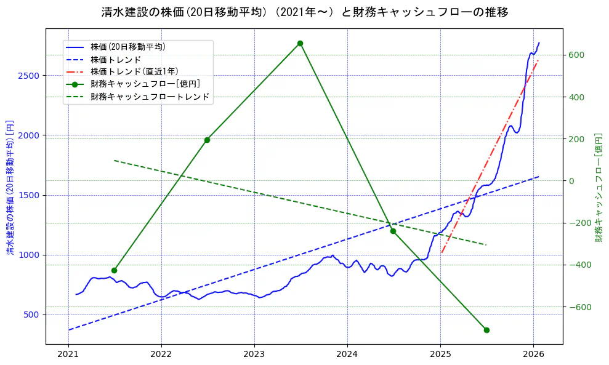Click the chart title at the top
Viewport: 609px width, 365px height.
[304, 12]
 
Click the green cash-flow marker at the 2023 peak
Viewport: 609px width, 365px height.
[300, 43]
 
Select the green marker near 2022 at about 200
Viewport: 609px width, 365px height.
[207, 140]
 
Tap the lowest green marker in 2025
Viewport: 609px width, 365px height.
[486, 330]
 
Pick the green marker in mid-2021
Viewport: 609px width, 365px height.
[114, 270]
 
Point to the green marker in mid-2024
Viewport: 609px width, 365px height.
[393, 231]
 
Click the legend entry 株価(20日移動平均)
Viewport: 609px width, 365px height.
[127, 47]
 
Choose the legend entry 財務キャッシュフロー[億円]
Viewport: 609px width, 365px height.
[145, 84]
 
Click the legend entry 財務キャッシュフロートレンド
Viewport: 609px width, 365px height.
[150, 97]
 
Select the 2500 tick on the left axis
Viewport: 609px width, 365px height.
[31, 76]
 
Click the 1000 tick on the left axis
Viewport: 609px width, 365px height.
[31, 255]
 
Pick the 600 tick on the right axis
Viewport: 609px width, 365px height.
[576, 55]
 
